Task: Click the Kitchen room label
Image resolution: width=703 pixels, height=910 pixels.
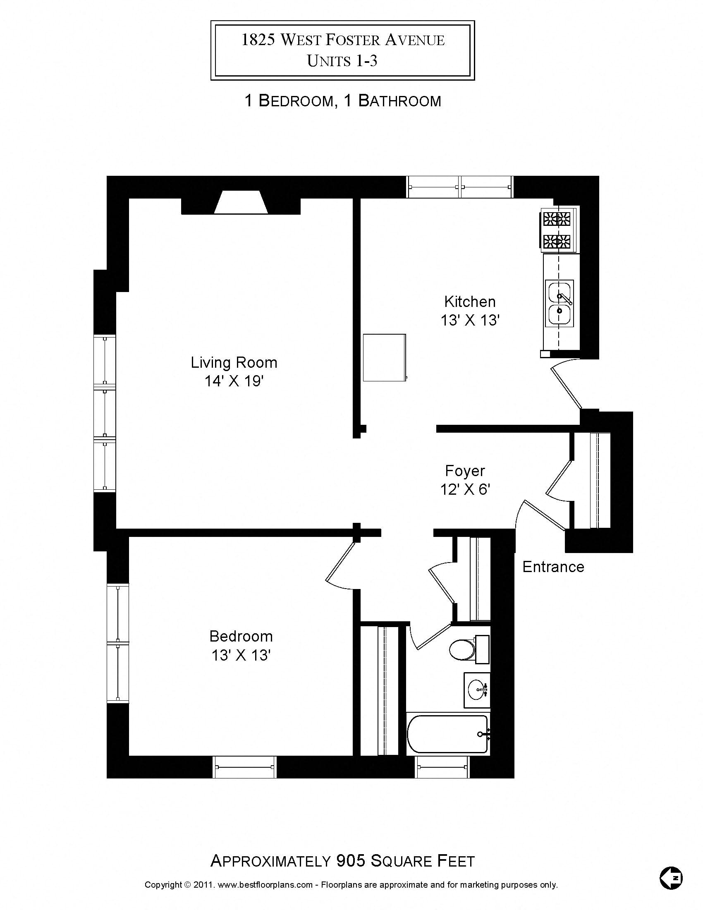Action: pos(470,302)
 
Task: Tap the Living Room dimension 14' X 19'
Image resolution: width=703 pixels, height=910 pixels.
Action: pos(234,381)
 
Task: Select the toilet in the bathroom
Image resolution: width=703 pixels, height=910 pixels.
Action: pos(463,649)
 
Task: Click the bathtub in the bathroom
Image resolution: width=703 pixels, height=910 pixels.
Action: pos(448,734)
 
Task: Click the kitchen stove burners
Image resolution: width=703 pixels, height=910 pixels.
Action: pos(557,230)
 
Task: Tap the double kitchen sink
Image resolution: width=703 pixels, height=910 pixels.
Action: pos(559,303)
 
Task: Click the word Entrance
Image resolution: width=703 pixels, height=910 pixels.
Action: pos(553,567)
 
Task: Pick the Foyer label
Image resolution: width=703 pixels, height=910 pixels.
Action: pos(465,471)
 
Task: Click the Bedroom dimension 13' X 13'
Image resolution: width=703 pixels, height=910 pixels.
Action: pos(241,656)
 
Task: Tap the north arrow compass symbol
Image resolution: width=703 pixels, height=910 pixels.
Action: pos(671,878)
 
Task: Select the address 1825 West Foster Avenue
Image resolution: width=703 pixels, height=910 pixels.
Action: pos(343,40)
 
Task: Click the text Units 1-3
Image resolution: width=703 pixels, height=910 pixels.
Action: pos(342,61)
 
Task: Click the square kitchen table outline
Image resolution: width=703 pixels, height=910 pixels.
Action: pos(384,357)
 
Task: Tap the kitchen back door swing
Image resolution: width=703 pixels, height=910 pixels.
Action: pos(567,386)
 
